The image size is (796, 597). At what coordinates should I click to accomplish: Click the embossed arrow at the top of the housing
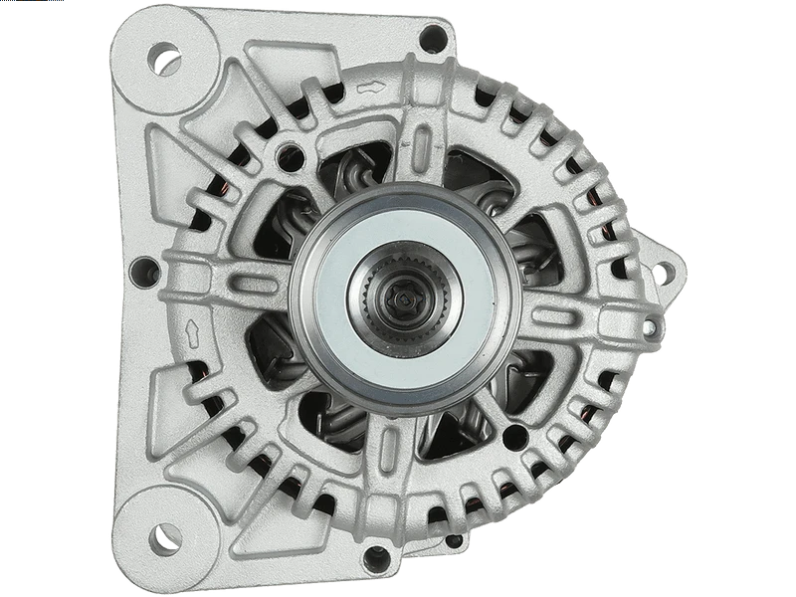(370, 88)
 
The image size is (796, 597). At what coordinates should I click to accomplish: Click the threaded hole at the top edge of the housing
(433, 39)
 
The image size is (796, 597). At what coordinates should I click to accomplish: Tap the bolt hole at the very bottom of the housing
(376, 558)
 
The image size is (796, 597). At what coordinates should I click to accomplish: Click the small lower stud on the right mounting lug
(649, 326)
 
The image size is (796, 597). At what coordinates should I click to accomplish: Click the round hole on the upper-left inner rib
(291, 154)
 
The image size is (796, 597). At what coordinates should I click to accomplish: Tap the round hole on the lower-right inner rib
(514, 437)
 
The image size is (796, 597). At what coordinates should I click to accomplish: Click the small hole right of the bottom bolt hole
(454, 541)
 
